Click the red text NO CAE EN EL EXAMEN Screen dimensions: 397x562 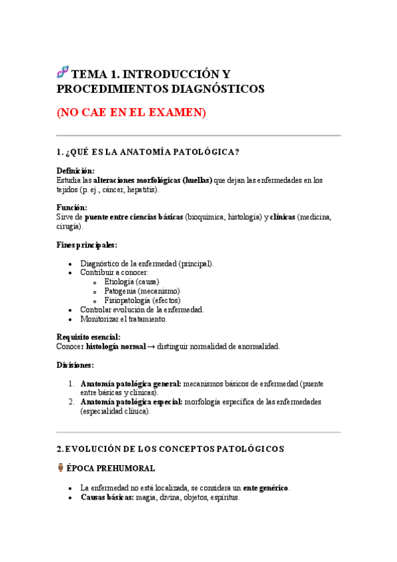pos(131,113)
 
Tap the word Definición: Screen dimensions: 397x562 pos(76,171)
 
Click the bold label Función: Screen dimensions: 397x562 pos(72,207)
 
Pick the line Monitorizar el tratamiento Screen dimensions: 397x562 pos(124,319)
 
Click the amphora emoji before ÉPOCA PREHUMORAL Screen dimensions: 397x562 pos(61,468)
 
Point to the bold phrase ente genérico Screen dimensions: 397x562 pos(265,488)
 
